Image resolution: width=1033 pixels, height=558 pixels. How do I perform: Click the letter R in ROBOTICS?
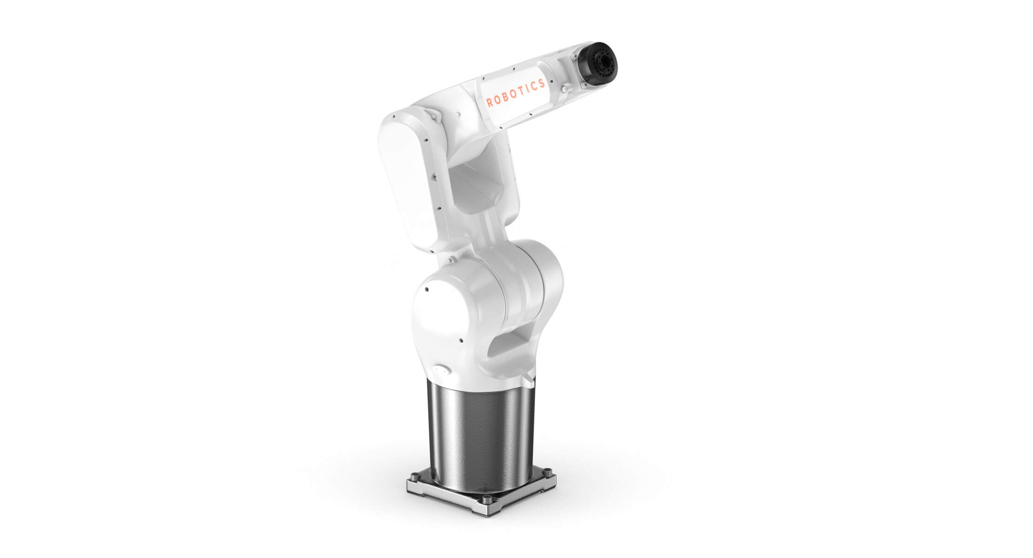(489, 104)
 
